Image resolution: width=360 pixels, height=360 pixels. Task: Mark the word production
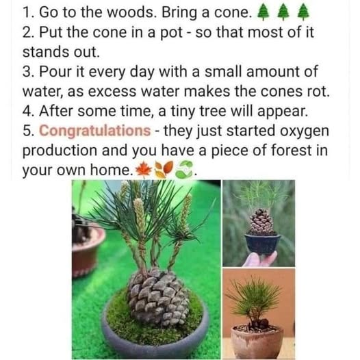[58, 149]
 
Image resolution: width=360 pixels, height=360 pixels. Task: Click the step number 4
[28, 110]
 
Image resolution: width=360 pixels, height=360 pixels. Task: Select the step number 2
[28, 31]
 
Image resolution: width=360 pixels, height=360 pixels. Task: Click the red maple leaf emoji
[143, 168]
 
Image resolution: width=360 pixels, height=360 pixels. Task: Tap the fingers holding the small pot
[259, 259]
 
